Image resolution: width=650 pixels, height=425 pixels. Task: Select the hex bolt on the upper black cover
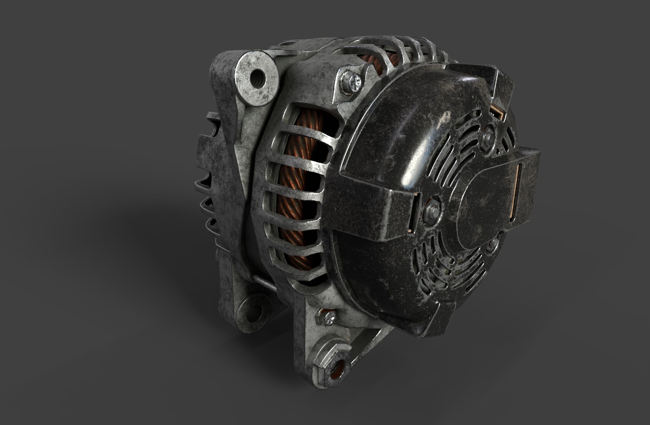(x=488, y=135)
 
